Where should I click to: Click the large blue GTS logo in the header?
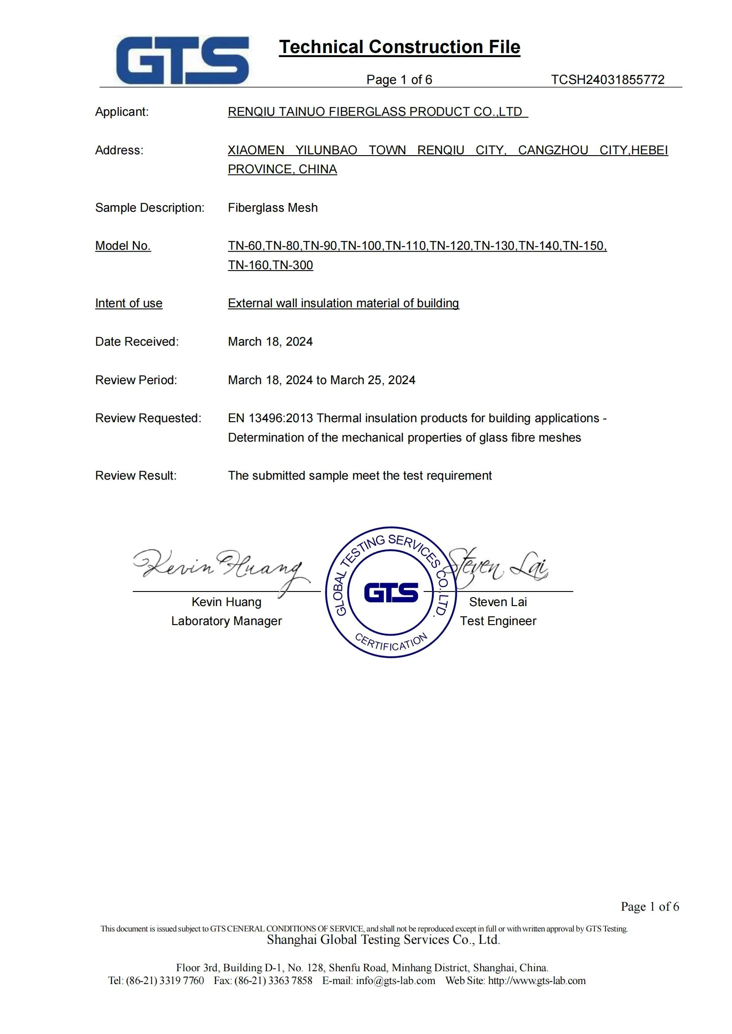[x=182, y=61]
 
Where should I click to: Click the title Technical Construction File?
[x=399, y=47]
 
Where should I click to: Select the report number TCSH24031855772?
[x=607, y=80]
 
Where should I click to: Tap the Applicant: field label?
[x=122, y=112]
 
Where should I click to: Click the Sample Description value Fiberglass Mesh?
[x=273, y=208]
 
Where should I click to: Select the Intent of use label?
[x=128, y=303]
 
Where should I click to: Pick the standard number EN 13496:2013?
[x=270, y=418]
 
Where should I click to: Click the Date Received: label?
[x=137, y=342]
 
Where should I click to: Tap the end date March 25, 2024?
[x=373, y=380]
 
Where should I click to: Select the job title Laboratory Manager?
[x=226, y=621]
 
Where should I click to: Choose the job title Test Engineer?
[x=498, y=621]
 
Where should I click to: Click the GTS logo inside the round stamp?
[x=391, y=592]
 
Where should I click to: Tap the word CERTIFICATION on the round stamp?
[x=391, y=643]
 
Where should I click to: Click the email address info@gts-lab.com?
[x=395, y=981]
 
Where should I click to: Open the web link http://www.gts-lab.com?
[x=537, y=981]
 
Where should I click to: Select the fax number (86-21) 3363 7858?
[x=273, y=981]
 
